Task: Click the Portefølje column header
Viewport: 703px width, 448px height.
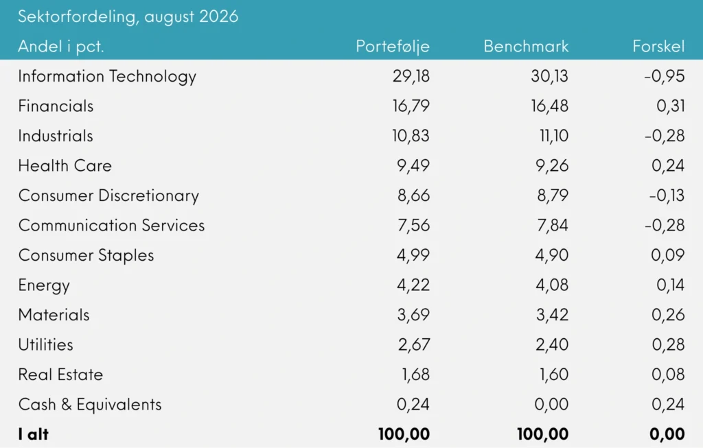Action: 393,47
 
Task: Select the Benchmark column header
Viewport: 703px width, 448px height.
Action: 526,46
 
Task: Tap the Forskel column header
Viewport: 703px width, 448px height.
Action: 658,46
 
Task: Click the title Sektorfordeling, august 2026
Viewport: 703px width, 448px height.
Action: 128,16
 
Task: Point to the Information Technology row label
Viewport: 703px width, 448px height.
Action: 107,77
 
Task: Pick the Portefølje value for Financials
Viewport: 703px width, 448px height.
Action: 411,106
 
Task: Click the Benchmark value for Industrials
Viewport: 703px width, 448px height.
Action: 554,136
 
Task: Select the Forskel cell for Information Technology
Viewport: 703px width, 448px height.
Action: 665,76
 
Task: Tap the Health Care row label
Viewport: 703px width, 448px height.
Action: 65,166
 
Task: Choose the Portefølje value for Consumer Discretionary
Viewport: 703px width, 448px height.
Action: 413,196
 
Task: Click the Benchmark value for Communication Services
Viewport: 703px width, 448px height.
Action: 553,225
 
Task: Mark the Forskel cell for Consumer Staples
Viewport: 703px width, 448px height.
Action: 668,255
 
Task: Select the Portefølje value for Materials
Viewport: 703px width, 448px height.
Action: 413,315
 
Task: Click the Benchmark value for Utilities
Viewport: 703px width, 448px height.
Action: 552,345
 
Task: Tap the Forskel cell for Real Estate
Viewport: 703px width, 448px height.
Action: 668,375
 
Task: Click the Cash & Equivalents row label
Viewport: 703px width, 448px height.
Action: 90,405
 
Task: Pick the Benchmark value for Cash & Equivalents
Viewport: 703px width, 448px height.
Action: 551,405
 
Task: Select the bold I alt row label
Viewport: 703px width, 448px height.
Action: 33,434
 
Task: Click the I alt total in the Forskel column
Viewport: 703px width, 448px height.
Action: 667,434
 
